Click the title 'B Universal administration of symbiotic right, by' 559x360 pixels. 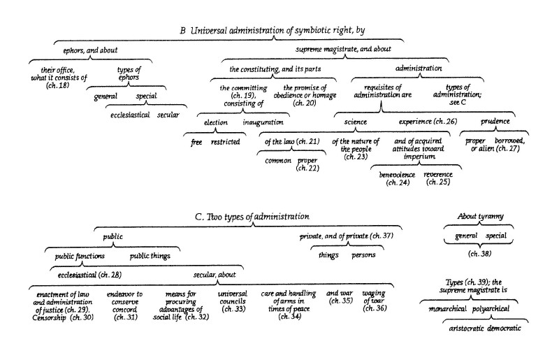(273, 30)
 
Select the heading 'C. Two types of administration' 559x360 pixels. (252, 217)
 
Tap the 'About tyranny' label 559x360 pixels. (480, 216)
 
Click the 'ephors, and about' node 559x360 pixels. (90, 50)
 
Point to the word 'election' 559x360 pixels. (216, 122)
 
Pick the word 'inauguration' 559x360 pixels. (263, 122)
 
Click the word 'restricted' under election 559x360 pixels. (225, 142)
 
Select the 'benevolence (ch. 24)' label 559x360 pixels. (397, 178)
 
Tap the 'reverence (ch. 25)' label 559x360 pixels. (438, 178)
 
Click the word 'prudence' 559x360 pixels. (495, 122)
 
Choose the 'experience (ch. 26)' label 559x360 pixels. (428, 122)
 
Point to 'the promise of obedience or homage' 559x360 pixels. (305, 92)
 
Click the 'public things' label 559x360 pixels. (150, 256)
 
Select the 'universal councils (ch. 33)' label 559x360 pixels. (233, 301)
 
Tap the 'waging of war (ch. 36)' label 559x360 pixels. (375, 301)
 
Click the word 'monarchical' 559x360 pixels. (447, 309)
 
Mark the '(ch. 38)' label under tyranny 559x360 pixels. (480, 254)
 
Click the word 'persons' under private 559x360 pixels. (363, 255)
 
